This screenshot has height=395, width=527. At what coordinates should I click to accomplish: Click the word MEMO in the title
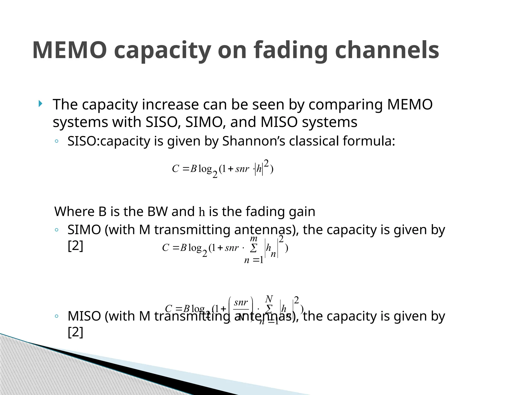(69, 50)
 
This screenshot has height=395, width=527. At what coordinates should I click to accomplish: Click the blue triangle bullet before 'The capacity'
(40, 104)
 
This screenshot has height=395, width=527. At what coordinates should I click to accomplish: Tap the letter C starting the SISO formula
(175, 169)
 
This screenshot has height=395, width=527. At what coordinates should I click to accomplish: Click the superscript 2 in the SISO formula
(266, 163)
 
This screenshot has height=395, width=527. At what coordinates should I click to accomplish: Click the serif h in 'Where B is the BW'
(202, 212)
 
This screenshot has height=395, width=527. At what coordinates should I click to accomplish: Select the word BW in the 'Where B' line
(158, 212)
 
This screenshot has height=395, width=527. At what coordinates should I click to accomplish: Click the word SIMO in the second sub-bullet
(84, 230)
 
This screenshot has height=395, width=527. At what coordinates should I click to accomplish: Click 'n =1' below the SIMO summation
(254, 260)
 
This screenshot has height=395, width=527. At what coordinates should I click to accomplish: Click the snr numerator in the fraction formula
(241, 302)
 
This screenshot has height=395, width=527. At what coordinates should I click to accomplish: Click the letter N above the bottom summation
(269, 299)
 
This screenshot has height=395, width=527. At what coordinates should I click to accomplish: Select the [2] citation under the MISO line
(75, 332)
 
